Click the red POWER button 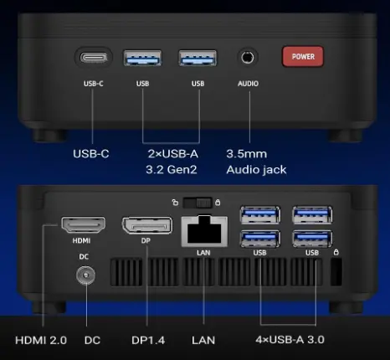(303, 57)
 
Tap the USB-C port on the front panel (94, 58)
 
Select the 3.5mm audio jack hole (248, 58)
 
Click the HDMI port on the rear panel (83, 225)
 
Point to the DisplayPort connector (147, 225)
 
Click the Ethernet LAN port (204, 231)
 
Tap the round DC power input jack (85, 275)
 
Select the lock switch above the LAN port (198, 203)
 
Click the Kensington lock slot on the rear (336, 272)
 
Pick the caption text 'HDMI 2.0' (41, 340)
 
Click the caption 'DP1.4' (148, 340)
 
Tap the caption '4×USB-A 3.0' (290, 340)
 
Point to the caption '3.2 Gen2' (172, 169)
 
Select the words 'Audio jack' (256, 170)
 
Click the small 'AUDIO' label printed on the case (248, 84)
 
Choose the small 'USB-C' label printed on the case (94, 84)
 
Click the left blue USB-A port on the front (142, 58)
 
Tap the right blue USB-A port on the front (198, 58)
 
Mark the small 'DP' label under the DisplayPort (146, 240)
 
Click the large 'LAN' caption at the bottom (203, 340)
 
